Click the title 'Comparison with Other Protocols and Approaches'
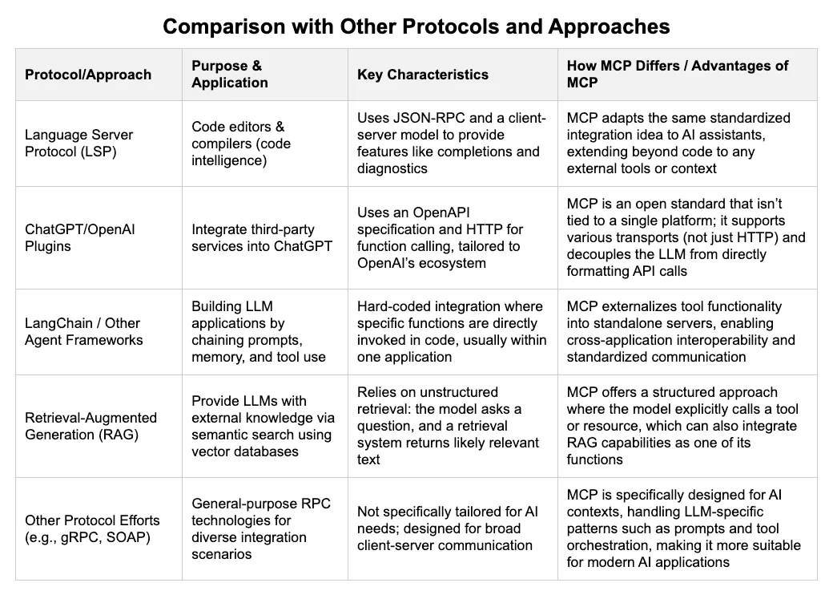pos(416,26)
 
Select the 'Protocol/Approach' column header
pos(88,75)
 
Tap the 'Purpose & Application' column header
pos(230,74)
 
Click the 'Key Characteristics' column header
pos(422,75)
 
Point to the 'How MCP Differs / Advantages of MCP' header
pos(678,74)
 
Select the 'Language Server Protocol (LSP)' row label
pos(78,143)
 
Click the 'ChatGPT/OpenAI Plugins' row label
pos(79,238)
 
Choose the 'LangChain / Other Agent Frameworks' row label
pos(84,331)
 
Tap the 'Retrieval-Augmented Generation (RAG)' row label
pos(91,426)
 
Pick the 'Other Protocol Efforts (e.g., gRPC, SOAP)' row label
pos(92,528)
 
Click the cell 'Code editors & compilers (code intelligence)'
pos(241,143)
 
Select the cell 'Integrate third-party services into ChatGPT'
pos(262,238)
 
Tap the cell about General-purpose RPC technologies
pos(261,528)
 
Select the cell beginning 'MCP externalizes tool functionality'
pos(681,331)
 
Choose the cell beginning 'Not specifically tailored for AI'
pos(447,528)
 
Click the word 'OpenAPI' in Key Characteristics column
pos(441,212)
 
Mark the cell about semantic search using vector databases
pos(263,426)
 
